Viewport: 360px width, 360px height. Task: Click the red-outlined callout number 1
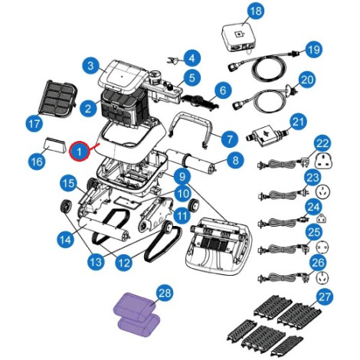click(x=80, y=152)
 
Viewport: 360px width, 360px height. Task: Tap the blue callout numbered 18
click(x=256, y=11)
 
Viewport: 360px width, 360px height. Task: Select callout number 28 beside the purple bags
click(x=165, y=293)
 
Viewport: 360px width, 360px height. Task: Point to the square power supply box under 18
click(x=238, y=38)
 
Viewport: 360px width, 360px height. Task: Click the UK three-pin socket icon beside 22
click(x=323, y=161)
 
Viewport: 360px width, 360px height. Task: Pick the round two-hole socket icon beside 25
click(x=322, y=247)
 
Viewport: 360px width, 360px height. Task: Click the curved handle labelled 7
click(x=191, y=129)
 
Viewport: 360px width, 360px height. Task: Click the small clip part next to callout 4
click(x=173, y=61)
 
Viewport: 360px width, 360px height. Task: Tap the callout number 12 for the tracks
click(x=124, y=262)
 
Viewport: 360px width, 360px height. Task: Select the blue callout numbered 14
click(x=66, y=241)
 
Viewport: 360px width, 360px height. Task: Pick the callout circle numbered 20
click(x=307, y=80)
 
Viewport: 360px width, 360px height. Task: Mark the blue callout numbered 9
click(x=182, y=176)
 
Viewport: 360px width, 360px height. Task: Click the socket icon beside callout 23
click(x=322, y=190)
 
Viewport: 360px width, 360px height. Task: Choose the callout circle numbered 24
click(x=313, y=207)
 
